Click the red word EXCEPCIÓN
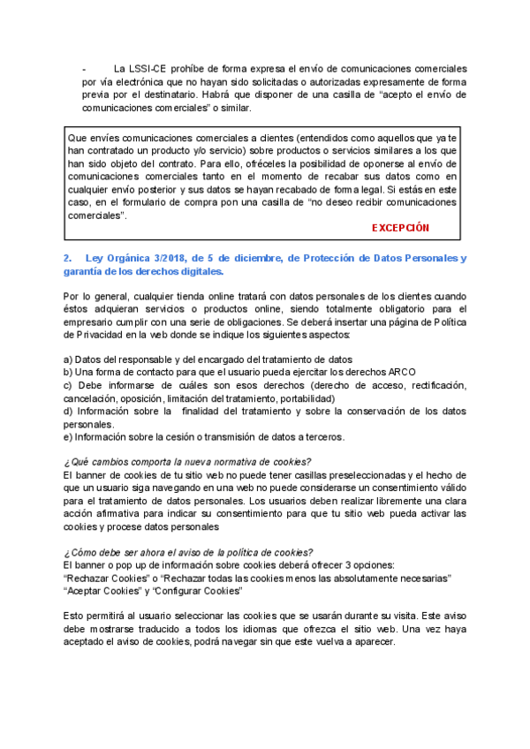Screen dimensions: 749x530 coord(400,228)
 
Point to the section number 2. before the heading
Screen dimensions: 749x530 coord(67,258)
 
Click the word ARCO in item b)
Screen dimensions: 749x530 coord(399,373)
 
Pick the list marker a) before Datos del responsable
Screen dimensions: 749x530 coord(69,359)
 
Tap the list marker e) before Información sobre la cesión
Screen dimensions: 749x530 coord(69,437)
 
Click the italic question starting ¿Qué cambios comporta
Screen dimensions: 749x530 coord(187,462)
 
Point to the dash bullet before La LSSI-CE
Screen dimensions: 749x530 coord(83,69)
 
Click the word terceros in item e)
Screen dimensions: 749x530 coord(322,437)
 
